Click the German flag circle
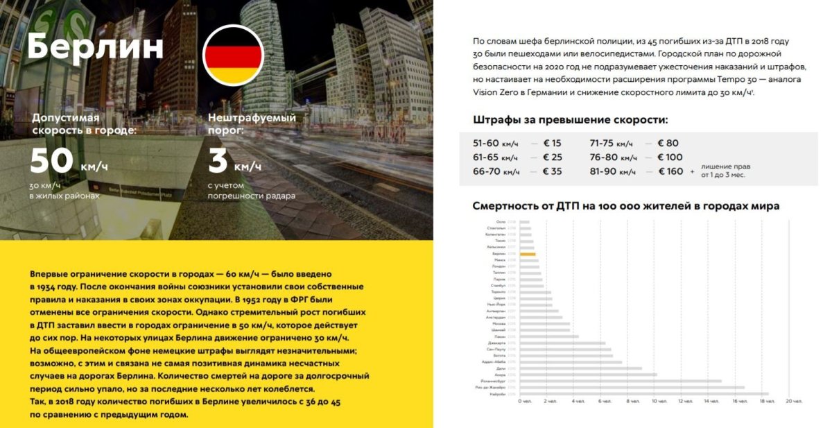tap(233, 55)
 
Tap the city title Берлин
tap(96, 47)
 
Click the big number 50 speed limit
tap(51, 160)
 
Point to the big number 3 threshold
tap(218, 160)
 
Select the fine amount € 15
tap(552, 143)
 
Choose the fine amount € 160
tap(666, 171)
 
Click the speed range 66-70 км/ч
tap(496, 171)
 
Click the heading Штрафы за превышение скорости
tap(570, 120)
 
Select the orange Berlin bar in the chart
tap(528, 255)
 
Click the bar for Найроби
tap(643, 393)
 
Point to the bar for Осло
tap(524, 222)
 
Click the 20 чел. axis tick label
tap(792, 401)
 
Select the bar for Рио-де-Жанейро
tap(632, 387)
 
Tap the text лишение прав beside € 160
tap(725, 166)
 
